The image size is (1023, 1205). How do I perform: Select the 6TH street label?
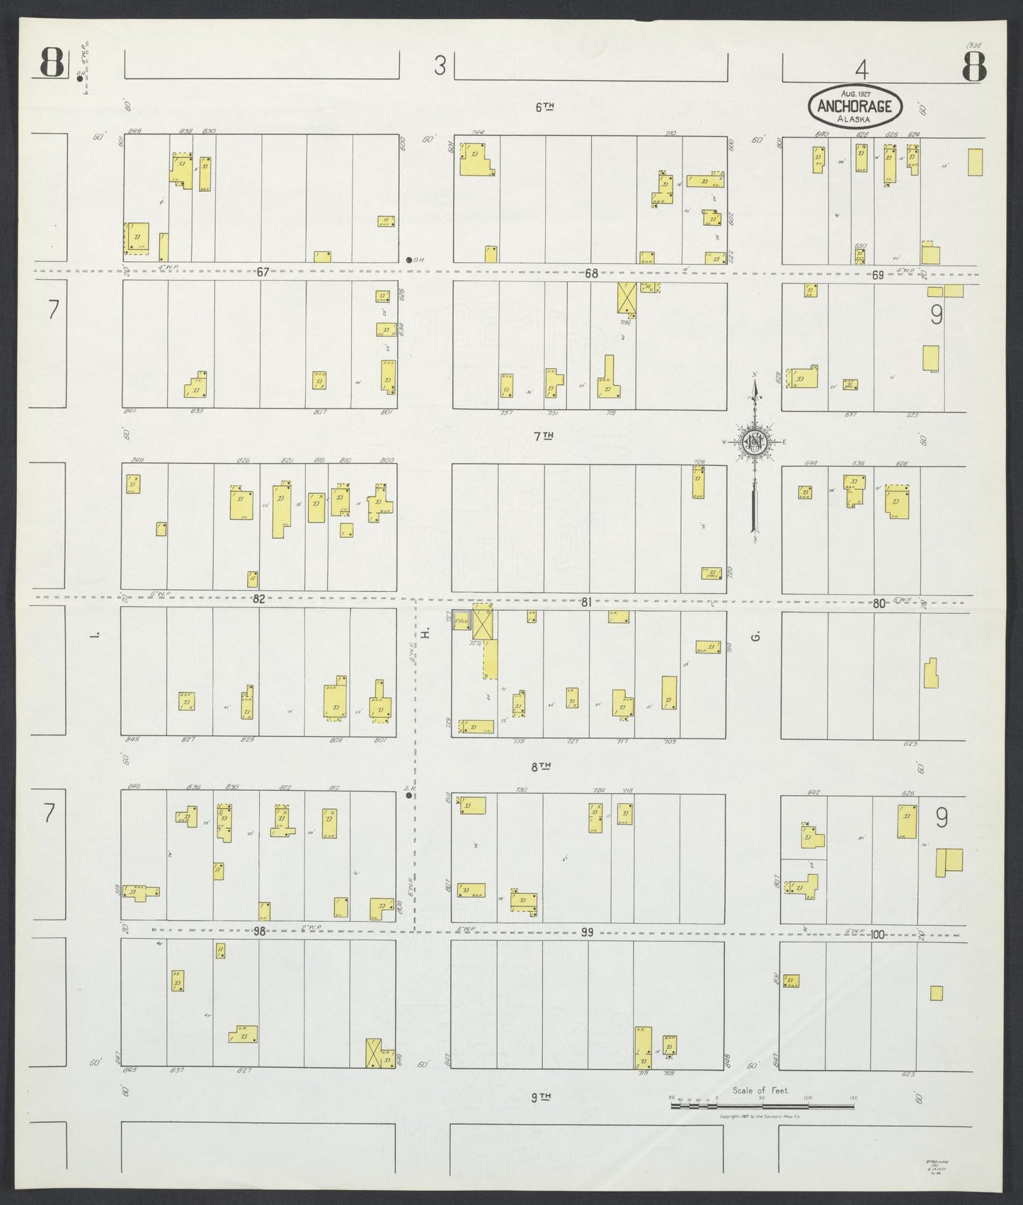coord(543,107)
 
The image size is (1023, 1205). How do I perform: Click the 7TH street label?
coord(542,437)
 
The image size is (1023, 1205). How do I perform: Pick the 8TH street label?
coord(542,766)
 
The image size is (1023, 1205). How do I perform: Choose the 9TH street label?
coord(541,1117)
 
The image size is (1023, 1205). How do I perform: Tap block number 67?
coord(263,273)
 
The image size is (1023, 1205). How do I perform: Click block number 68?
coord(591,273)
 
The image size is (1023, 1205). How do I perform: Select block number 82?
coord(259,599)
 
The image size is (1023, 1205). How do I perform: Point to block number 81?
coord(585,602)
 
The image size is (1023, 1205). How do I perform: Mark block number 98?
coord(260,932)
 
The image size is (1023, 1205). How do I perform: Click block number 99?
coord(586,933)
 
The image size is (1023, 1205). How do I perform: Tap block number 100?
coord(878,935)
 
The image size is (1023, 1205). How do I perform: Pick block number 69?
coord(878,275)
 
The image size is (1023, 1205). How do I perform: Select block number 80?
coord(879,604)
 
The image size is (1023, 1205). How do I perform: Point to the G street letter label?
coord(756,637)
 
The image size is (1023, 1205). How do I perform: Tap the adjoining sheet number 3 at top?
coord(440,67)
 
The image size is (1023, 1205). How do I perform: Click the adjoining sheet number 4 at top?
coord(861,69)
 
